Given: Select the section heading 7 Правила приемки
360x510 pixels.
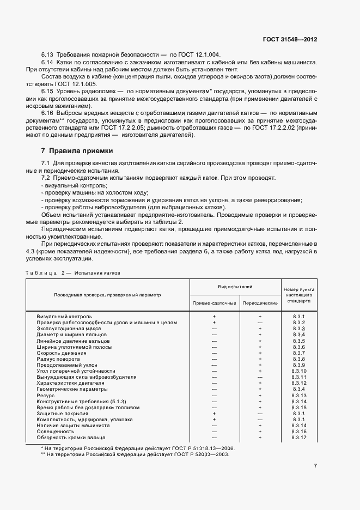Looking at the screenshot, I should coord(77,150).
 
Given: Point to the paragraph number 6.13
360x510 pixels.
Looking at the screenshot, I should coord(47,55).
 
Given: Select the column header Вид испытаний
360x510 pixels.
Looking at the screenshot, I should coord(235,287).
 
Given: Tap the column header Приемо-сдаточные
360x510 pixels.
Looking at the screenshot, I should coord(214,302).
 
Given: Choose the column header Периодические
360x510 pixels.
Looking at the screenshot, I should coord(260,302).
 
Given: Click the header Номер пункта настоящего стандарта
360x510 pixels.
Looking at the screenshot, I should coord(300,295).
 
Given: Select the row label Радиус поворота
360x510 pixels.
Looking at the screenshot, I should coord(56,359).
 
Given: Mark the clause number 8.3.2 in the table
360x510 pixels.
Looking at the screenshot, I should coord(298,323).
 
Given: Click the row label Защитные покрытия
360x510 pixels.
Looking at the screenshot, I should coord(58,414).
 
